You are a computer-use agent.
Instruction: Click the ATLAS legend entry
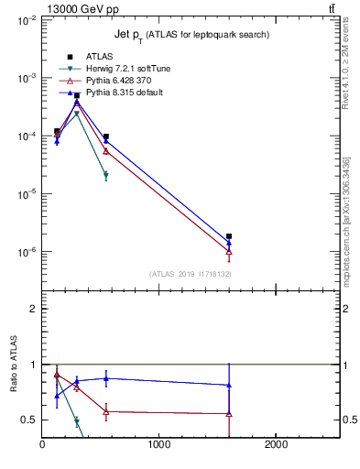(99, 57)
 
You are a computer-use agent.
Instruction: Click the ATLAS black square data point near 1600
(229, 236)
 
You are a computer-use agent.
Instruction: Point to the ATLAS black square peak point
(77, 95)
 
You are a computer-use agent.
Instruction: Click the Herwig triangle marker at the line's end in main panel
(106, 175)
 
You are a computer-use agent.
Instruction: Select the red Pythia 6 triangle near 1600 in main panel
(229, 251)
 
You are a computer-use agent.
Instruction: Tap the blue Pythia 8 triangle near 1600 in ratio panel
(229, 386)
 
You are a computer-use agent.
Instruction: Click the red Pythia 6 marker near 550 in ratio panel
(106, 411)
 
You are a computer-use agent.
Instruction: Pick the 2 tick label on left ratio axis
(33, 309)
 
